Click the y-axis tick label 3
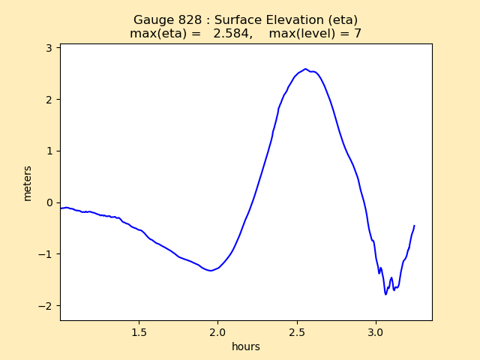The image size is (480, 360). [x=50, y=48]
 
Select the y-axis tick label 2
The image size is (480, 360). [x=50, y=100]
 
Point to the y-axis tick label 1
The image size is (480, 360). [x=50, y=151]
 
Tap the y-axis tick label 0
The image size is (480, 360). [x=50, y=202]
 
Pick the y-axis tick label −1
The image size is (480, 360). [x=47, y=254]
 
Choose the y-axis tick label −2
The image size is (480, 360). [x=47, y=306]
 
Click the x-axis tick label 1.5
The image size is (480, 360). [x=139, y=331]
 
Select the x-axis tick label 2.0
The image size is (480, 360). [x=218, y=331]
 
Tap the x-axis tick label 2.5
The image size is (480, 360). [x=297, y=331]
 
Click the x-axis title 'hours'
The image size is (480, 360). [x=246, y=346]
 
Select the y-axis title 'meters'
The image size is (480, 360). [x=28, y=183]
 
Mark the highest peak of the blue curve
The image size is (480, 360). [x=305, y=69]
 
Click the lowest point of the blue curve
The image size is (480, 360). [x=386, y=294]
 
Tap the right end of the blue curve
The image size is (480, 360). [x=414, y=225]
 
